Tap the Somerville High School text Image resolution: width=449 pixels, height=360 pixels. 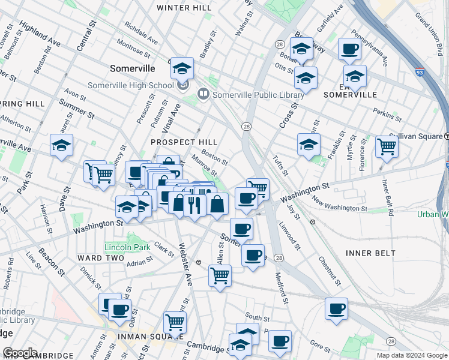[130, 85]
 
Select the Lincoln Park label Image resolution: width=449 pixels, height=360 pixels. [127, 247]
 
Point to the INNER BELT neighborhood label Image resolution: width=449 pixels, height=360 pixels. [370, 253]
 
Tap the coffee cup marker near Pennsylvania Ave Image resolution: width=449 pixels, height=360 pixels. [349, 49]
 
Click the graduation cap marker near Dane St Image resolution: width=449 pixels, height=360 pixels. [61, 146]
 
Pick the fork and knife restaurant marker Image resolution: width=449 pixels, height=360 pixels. [193, 205]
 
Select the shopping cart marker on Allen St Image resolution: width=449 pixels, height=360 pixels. [220, 276]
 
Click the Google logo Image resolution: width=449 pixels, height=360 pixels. [20, 353]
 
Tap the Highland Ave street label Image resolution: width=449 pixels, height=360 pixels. [40, 35]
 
